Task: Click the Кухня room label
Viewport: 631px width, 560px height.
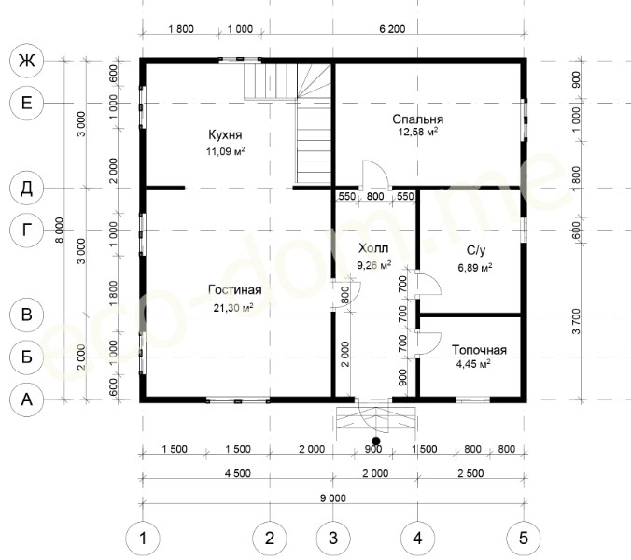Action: [x=225, y=134]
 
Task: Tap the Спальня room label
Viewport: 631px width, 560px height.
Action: [x=418, y=119]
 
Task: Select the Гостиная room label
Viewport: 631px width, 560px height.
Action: [x=235, y=289]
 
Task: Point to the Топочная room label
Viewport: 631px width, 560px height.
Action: [x=479, y=350]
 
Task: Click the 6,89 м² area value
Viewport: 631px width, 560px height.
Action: [x=475, y=268]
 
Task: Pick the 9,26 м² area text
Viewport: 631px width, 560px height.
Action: [x=374, y=265]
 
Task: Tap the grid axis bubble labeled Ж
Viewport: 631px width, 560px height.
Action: [x=26, y=61]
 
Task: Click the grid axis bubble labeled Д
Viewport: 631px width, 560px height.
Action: [x=26, y=188]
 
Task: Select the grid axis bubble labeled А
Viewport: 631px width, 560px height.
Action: [x=26, y=399]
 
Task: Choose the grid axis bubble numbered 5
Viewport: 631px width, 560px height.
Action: [x=523, y=538]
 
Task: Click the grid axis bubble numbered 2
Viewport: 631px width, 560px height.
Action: [x=270, y=538]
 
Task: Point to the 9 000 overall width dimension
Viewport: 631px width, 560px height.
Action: [x=333, y=498]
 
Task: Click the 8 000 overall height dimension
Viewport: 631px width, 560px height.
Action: [x=59, y=231]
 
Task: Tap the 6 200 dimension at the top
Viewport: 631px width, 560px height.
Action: [x=392, y=29]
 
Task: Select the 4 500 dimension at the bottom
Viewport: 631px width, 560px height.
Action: [x=238, y=473]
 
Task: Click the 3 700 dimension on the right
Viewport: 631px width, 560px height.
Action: [x=576, y=321]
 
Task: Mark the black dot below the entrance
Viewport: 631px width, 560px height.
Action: [x=376, y=441]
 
